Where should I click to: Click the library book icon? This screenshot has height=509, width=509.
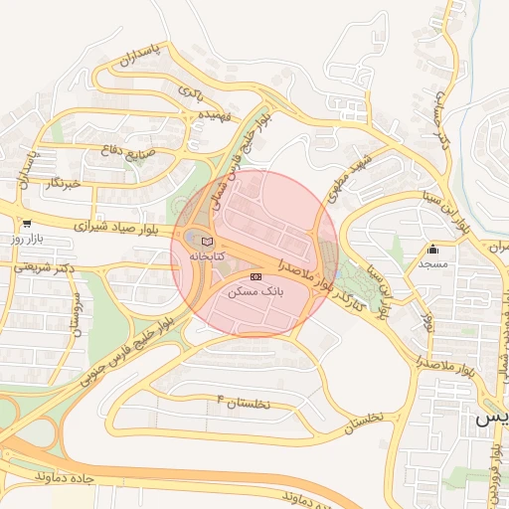click(x=207, y=242)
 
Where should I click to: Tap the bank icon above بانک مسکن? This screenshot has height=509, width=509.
click(x=255, y=275)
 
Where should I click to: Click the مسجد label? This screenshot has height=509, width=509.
click(x=433, y=264)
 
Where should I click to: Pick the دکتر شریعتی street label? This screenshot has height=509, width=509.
click(x=40, y=268)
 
